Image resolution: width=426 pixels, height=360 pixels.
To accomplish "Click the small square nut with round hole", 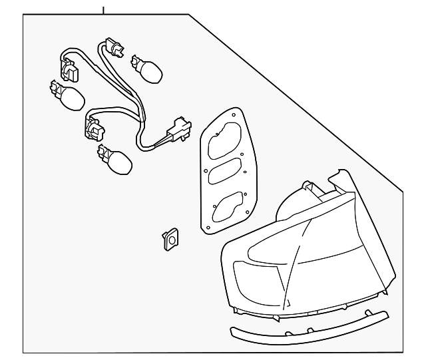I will click(170, 240).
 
